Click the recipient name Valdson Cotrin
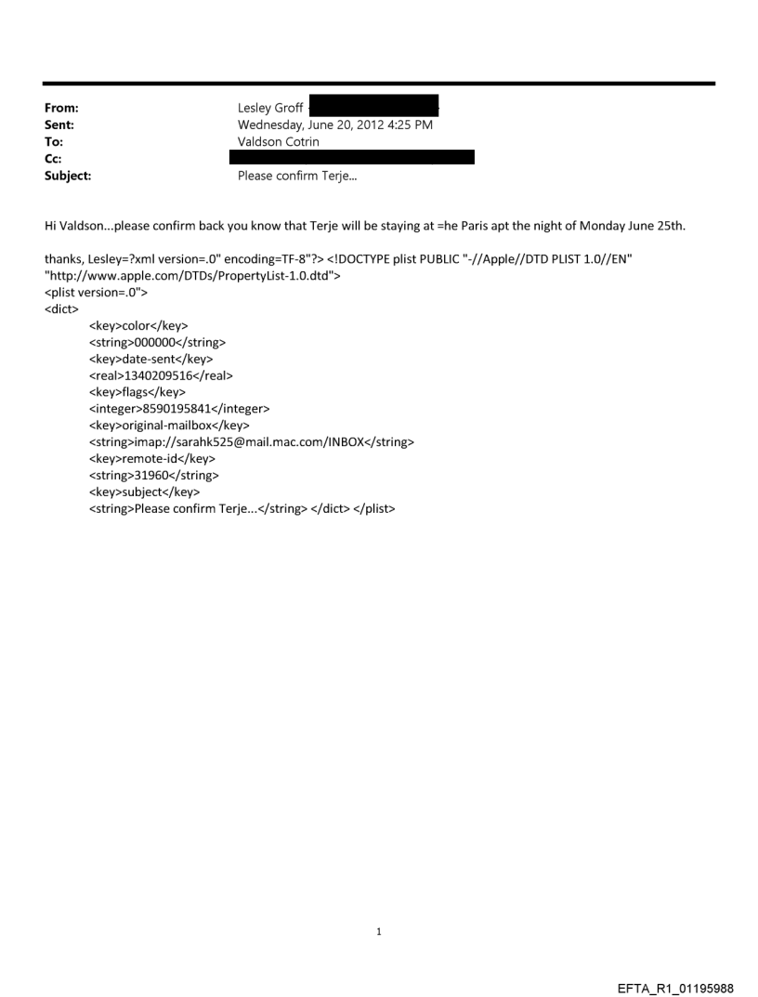point(279,141)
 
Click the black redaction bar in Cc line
point(352,157)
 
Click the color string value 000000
point(156,342)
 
